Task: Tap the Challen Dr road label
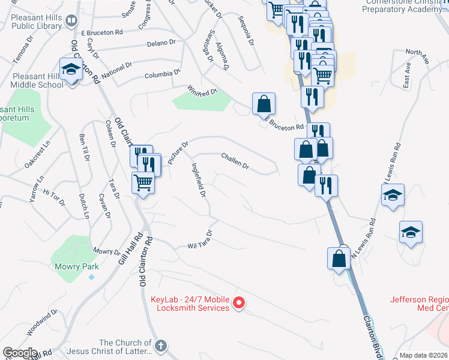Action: point(235,160)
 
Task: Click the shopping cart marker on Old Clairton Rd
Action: point(143,182)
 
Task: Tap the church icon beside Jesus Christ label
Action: point(160,346)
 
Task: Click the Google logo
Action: point(20,353)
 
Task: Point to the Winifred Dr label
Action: point(200,91)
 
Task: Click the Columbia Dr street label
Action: point(162,75)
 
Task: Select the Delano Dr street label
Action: point(162,43)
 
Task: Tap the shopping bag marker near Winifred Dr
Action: point(264,104)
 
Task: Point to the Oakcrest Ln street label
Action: point(38,155)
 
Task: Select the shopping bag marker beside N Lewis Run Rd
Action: point(339,258)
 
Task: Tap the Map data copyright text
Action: point(424,355)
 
